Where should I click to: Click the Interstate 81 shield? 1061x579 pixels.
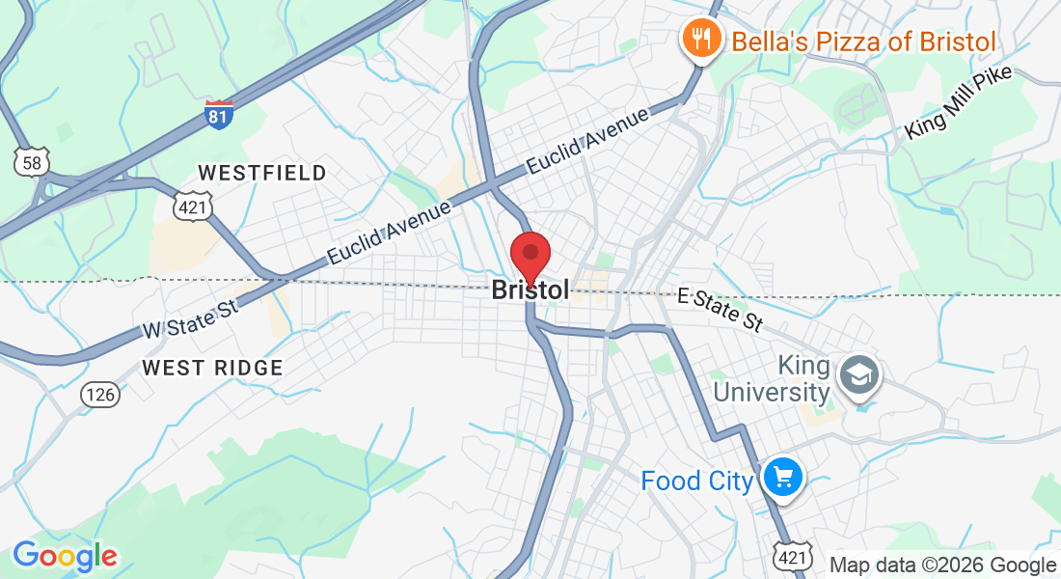[219, 115]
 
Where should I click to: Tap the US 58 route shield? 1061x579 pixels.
[32, 162]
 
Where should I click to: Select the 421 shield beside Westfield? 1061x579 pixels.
[189, 206]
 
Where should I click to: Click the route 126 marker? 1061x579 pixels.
[99, 394]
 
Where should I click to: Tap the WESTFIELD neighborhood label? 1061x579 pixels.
[262, 173]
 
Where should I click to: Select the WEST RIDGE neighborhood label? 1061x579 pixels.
[212, 368]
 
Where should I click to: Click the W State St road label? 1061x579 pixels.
[190, 317]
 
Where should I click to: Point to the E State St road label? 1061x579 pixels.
[719, 307]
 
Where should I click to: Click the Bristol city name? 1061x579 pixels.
[530, 289]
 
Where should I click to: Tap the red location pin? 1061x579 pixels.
[530, 256]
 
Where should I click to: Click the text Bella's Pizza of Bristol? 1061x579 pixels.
[863, 41]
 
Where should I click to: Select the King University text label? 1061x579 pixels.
[804, 379]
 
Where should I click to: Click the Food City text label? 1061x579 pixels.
[696, 480]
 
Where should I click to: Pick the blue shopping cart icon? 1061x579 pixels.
[782, 477]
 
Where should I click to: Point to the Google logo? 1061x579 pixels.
[65, 556]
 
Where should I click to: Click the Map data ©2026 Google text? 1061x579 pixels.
[942, 565]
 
